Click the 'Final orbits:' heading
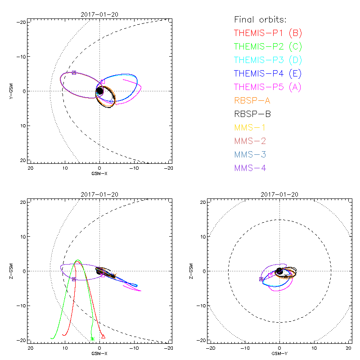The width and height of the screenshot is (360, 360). click(x=261, y=19)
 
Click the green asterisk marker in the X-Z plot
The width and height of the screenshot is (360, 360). click(x=92, y=339)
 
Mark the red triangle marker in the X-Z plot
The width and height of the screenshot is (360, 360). click(x=103, y=336)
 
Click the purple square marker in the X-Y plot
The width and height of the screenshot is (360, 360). click(x=74, y=72)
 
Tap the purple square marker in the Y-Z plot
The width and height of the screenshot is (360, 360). click(x=261, y=279)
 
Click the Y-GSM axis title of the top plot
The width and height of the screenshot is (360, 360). click(x=11, y=91)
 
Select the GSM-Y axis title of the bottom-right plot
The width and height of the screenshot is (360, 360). click(x=279, y=353)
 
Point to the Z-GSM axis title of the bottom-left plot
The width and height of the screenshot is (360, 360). click(x=11, y=271)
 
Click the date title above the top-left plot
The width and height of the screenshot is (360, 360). click(x=99, y=14)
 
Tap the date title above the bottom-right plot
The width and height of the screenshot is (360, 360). click(x=279, y=194)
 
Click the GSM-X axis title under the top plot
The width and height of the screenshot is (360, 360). click(x=99, y=173)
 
